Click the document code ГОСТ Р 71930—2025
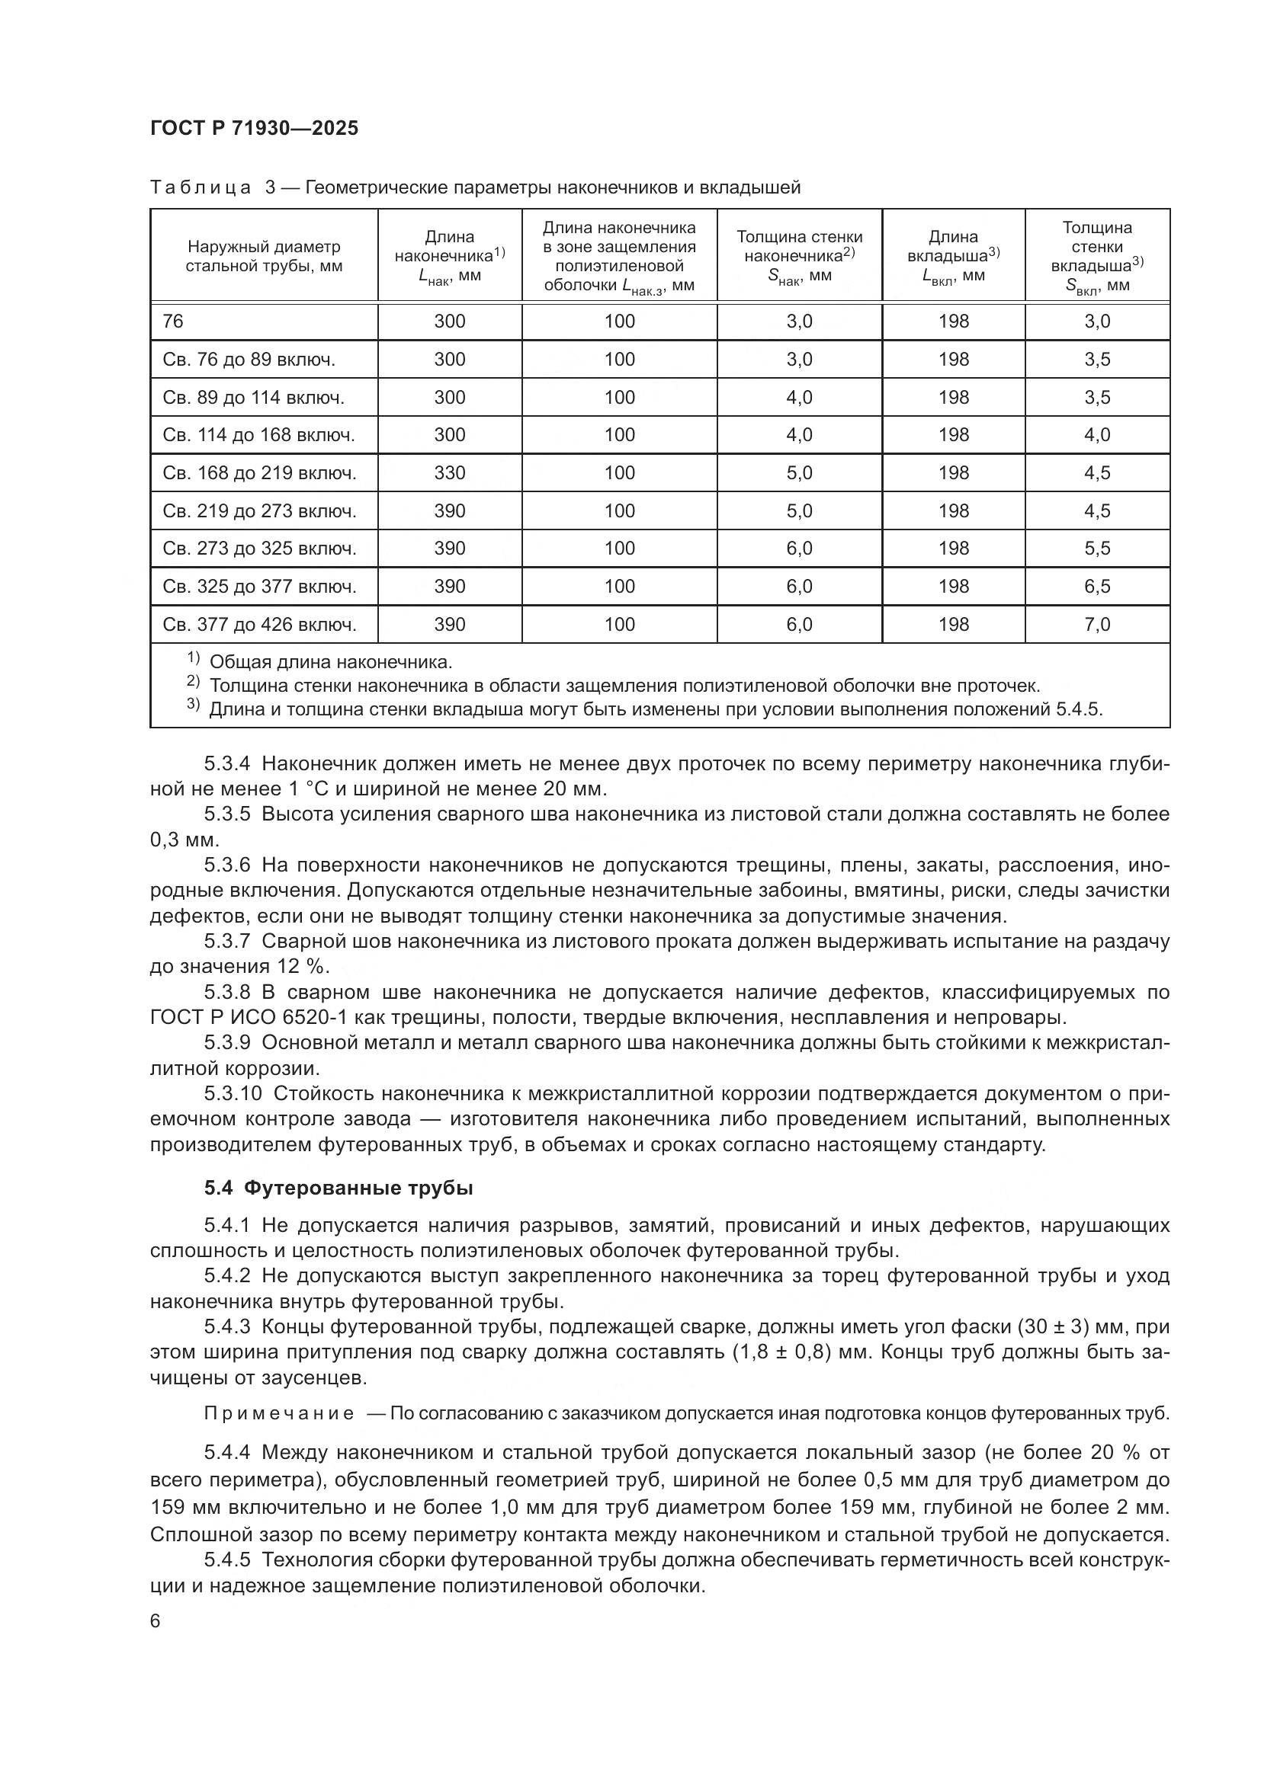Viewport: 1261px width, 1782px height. pyautogui.click(x=254, y=128)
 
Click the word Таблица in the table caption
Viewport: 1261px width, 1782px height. pyautogui.click(x=200, y=188)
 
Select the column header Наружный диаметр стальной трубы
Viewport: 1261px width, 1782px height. pyautogui.click(x=264, y=256)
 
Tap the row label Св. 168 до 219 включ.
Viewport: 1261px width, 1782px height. pyautogui.click(x=259, y=472)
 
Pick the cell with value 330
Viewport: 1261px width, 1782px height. pyautogui.click(x=450, y=472)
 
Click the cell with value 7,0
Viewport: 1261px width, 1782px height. pyautogui.click(x=1096, y=624)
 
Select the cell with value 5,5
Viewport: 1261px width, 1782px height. pyautogui.click(x=1096, y=548)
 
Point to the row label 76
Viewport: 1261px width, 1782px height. pyautogui.click(x=173, y=322)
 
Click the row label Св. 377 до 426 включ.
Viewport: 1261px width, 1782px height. pyautogui.click(x=259, y=624)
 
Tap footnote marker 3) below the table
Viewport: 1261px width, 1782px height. pyautogui.click(x=194, y=705)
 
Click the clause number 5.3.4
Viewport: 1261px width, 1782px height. pyautogui.click(x=226, y=763)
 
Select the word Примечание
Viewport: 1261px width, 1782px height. pyautogui.click(x=279, y=1413)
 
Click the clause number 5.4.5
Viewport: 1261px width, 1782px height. pyautogui.click(x=226, y=1560)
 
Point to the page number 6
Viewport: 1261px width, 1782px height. pyautogui.click(x=156, y=1622)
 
